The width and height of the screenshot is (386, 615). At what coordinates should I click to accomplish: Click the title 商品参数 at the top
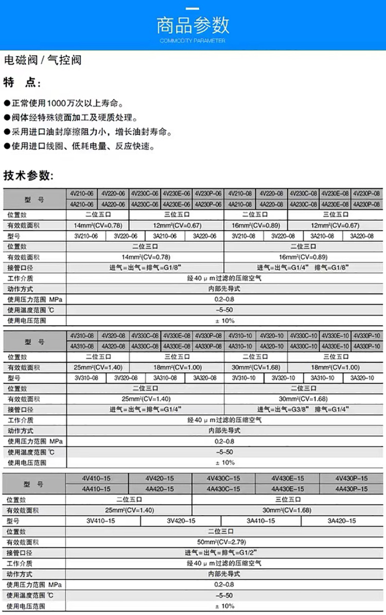192,25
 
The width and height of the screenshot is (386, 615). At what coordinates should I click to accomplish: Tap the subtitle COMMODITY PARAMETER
192,41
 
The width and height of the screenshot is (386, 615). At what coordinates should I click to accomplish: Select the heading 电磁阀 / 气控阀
43,60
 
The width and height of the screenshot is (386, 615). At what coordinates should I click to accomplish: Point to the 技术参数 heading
28,175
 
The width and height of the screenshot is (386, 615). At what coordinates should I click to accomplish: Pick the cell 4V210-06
82,194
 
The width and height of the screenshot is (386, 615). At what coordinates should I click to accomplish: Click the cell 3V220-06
125,236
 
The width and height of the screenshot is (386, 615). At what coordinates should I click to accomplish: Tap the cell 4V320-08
113,336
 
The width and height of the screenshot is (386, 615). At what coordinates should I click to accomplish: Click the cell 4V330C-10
303,336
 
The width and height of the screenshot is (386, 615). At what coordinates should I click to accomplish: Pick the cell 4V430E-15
288,478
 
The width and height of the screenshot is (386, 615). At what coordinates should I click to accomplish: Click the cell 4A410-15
97,488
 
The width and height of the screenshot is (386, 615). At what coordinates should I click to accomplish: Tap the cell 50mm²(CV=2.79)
224,542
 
